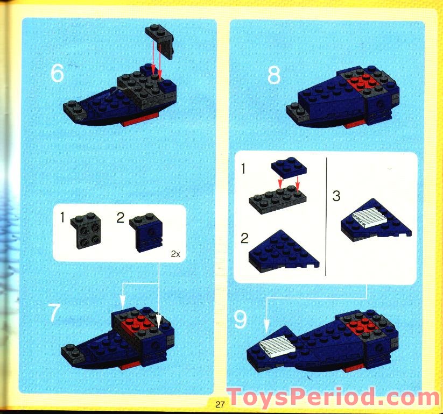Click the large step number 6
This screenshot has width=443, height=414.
click(x=57, y=74)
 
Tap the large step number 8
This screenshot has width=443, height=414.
click(x=273, y=76)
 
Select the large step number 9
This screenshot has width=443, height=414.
click(x=240, y=320)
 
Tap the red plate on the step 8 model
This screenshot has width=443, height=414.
click(x=362, y=82)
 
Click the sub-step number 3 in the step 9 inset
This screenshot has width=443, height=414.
click(x=336, y=196)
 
